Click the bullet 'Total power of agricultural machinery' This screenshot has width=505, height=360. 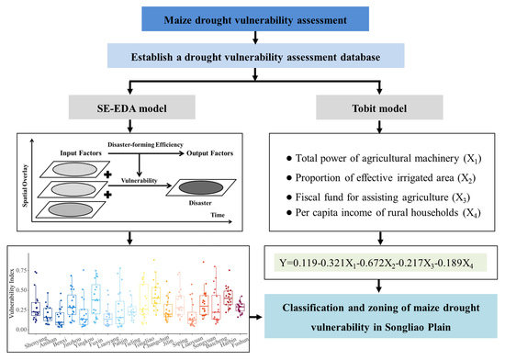[377, 150]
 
